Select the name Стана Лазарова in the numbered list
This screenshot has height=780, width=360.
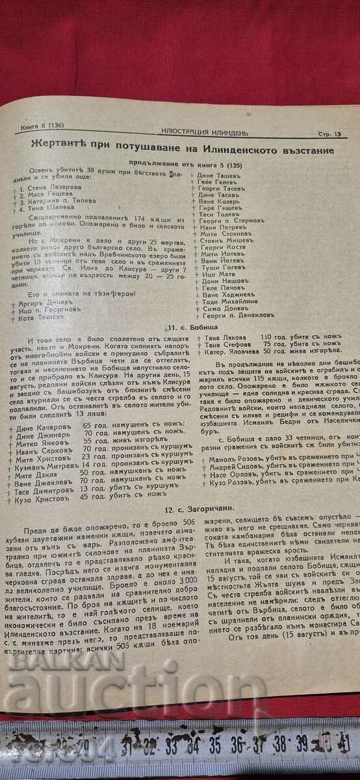coord(45,186)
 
